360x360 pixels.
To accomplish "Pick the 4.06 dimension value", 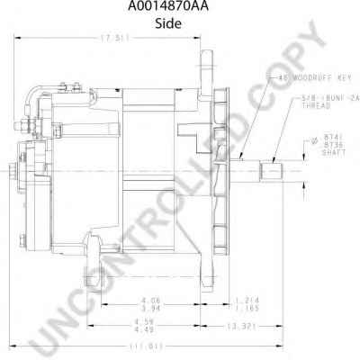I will (149, 300).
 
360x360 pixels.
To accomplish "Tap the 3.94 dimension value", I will (149, 308).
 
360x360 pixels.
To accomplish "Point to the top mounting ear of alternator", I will (205, 63).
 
